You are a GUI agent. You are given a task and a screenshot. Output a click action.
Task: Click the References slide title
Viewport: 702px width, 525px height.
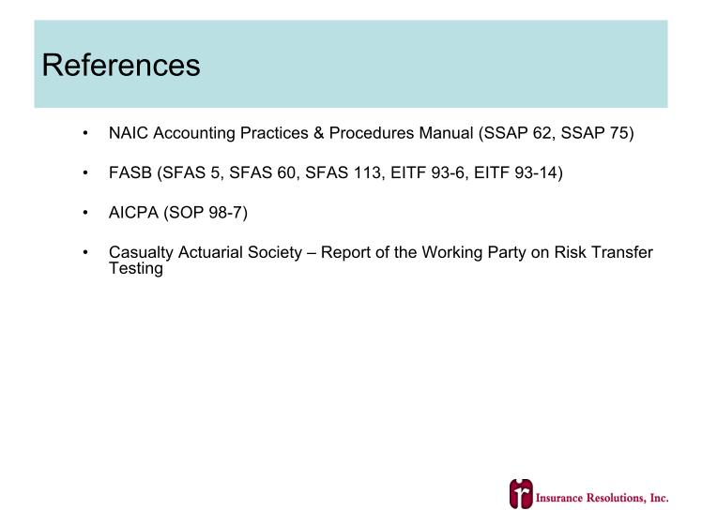coord(121,66)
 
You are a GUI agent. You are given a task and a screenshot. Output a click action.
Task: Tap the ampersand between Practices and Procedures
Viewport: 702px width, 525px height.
coord(318,133)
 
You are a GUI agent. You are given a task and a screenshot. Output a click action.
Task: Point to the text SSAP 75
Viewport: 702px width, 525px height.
coord(594,133)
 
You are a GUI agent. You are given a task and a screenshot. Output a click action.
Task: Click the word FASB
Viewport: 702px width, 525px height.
coord(130,172)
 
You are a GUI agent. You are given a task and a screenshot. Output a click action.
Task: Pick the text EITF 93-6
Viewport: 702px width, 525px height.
coord(429,172)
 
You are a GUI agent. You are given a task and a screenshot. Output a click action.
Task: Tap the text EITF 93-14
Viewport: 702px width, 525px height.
coord(515,172)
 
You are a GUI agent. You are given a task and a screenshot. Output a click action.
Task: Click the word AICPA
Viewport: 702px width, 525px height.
coord(133,213)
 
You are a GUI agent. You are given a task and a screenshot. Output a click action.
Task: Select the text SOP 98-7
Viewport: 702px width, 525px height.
coord(206,213)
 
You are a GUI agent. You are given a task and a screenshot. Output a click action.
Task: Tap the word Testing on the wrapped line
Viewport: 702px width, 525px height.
coord(136,268)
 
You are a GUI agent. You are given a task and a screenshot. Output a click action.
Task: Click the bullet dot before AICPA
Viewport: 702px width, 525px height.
coord(85,213)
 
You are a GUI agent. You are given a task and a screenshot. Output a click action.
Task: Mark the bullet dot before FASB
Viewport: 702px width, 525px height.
coord(85,173)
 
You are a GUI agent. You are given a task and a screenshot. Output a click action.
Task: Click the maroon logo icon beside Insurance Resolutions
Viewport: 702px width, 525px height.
coord(521,494)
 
